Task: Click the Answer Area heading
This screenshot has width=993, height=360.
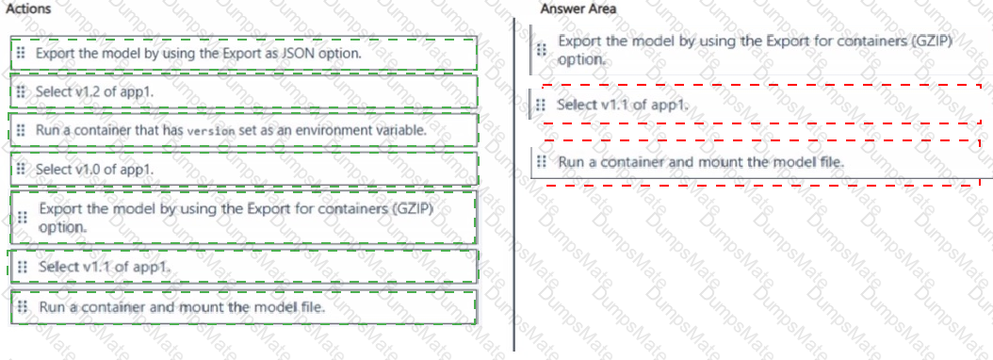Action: pyautogui.click(x=578, y=8)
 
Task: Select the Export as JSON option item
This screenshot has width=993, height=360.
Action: pyautogui.click(x=198, y=54)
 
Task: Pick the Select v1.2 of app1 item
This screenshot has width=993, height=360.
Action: pyautogui.click(x=94, y=92)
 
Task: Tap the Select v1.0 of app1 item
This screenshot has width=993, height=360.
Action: pyautogui.click(x=94, y=170)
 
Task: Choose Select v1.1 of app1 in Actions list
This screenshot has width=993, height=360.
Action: pyautogui.click(x=105, y=267)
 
